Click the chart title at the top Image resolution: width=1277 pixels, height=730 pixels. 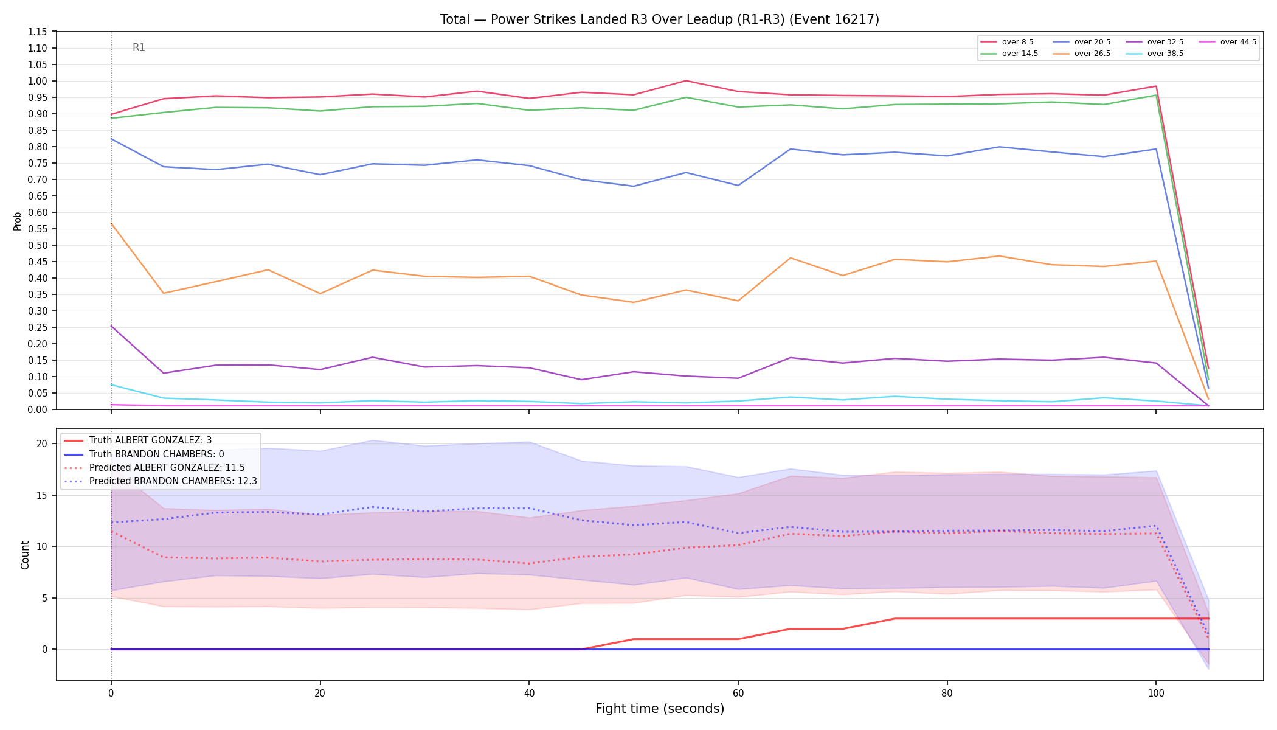pos(660,19)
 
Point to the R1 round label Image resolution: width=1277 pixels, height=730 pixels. pos(139,47)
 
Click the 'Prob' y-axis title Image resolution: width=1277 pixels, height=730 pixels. pos(18,221)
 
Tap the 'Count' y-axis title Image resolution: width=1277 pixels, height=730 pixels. pos(25,555)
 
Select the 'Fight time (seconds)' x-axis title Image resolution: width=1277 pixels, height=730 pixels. pos(660,709)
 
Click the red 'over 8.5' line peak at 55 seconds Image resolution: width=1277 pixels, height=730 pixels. pos(686,80)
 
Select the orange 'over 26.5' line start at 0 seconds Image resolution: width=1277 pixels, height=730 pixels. pos(111,223)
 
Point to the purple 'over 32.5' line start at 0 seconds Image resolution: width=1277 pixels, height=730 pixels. pos(111,326)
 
